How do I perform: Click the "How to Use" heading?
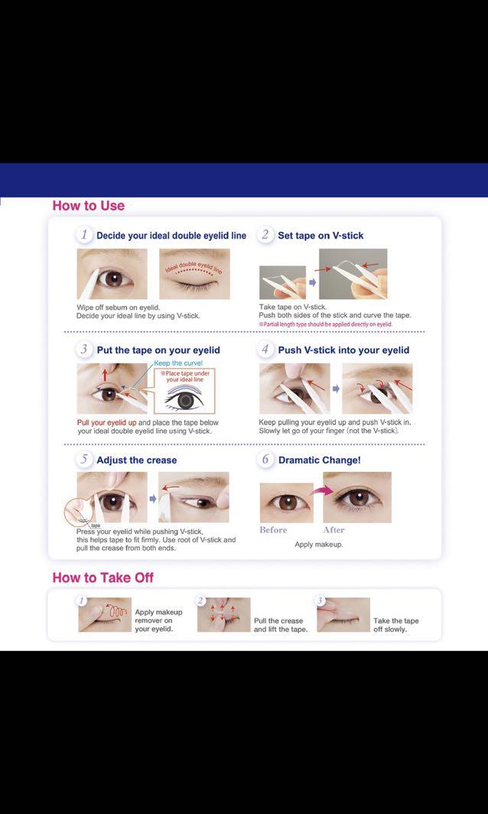click(88, 206)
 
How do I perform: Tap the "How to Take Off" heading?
click(102, 578)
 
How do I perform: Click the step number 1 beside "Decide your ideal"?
click(85, 235)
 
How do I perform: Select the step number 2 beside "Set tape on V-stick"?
click(265, 235)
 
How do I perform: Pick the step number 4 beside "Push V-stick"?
click(265, 350)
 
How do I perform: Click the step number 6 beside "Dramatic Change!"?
click(265, 460)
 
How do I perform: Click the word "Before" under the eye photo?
click(273, 529)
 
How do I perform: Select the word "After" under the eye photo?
click(333, 529)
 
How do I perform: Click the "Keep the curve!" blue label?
click(178, 363)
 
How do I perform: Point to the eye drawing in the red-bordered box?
click(187, 400)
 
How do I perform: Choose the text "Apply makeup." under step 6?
click(319, 545)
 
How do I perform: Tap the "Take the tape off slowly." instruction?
click(396, 625)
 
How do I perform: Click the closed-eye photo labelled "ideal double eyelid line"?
click(194, 275)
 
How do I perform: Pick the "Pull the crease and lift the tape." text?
click(281, 625)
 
